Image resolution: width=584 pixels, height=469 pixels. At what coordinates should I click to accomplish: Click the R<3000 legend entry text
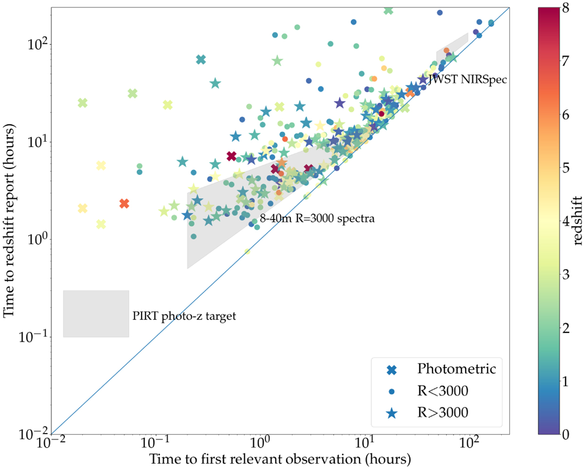[443, 391]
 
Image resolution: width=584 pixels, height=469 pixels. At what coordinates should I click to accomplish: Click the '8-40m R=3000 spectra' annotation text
[316, 219]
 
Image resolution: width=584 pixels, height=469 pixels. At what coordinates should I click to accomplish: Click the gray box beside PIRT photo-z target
[96, 314]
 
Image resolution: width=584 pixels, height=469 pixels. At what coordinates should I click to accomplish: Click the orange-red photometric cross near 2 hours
[124, 203]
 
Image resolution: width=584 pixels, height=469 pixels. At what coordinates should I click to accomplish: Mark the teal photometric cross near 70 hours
[201, 59]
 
